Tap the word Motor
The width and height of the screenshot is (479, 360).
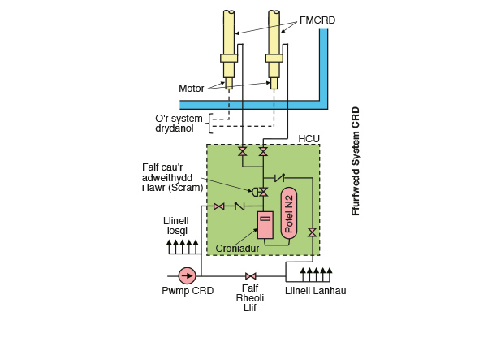coord(192,88)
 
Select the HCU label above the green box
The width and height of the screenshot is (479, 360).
coord(309,139)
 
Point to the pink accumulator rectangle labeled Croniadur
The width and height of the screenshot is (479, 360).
coord(265,225)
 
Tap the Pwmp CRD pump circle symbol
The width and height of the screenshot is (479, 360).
coord(188,275)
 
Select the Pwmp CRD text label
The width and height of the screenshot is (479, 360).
coord(188,291)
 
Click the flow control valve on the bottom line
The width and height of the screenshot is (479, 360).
coord(250,275)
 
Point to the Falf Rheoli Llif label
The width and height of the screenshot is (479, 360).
coord(250,299)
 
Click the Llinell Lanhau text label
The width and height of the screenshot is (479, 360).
coord(315,291)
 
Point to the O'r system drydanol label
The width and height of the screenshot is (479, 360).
coord(180,123)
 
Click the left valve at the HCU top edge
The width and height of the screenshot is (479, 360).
coord(242,152)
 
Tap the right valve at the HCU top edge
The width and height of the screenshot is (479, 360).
coord(262,152)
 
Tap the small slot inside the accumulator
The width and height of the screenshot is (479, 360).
coord(265,218)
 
